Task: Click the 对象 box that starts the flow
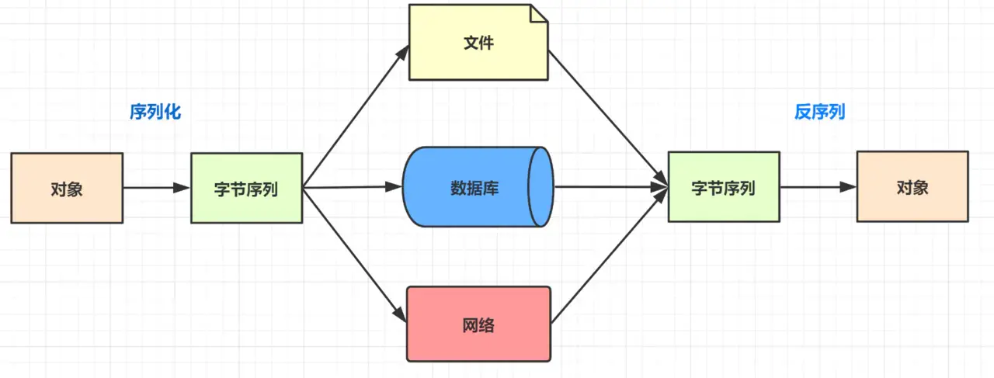coord(67,188)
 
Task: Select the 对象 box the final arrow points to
coord(912,186)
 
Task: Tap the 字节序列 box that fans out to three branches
coord(247,188)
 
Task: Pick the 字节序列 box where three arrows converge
coord(724,187)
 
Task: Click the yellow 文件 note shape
coord(478,43)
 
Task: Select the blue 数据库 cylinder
coord(478,187)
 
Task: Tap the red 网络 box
coord(479,324)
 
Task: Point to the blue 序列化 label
coord(155,112)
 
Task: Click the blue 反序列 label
coord(819,112)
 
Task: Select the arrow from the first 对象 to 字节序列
coord(157,188)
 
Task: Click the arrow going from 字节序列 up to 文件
coord(356,116)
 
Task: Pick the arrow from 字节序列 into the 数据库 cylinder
coord(353,187)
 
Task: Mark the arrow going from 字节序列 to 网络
coord(355,255)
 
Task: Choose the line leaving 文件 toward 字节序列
coord(608,118)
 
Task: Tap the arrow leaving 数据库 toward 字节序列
coord(611,187)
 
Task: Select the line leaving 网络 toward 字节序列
coord(610,255)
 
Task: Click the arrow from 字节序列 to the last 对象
coord(818,187)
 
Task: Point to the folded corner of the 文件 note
coord(539,13)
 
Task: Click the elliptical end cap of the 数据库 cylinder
coord(541,187)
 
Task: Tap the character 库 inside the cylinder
coord(491,188)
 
